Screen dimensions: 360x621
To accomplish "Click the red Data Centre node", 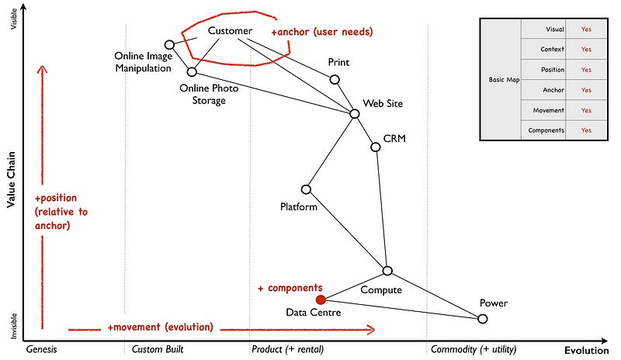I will [x=320, y=299].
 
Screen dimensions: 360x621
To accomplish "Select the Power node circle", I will [x=482, y=319].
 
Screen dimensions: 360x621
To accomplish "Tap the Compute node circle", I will [x=387, y=271].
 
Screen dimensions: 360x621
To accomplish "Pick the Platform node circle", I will [x=306, y=189].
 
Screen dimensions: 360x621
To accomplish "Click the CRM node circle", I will [x=376, y=147].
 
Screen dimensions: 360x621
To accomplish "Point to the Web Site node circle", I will [x=355, y=113].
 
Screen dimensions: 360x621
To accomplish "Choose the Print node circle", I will [x=335, y=79].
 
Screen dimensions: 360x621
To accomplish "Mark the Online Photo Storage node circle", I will [x=192, y=71].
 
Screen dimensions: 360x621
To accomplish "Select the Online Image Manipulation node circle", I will [x=169, y=45].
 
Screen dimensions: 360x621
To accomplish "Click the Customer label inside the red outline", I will [x=230, y=31].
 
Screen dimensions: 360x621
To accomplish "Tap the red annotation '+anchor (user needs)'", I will [x=322, y=32].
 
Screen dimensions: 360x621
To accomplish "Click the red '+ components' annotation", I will [x=290, y=288].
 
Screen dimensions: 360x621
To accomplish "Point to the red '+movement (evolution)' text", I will [x=161, y=327].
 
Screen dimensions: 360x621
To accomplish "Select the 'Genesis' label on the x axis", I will [x=42, y=349].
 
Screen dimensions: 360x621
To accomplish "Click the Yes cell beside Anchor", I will [x=586, y=89].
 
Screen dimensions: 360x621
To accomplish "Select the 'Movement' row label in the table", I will [x=548, y=109].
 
